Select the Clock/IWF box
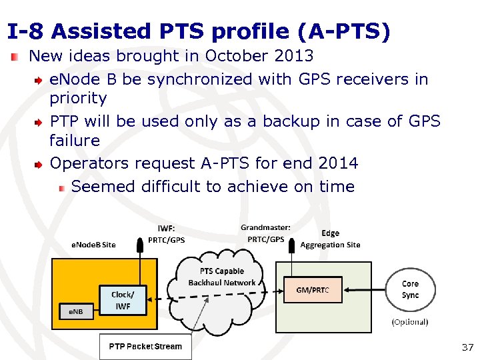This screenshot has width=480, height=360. pos(121,300)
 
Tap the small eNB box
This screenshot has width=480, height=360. pos(77,311)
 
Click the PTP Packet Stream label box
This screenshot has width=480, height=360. pos(145,347)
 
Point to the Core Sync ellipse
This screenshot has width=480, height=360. pos(411,289)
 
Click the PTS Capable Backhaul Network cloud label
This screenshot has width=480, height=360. pos(222,277)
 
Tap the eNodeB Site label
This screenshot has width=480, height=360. pos(93,245)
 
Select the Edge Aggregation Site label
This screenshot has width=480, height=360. pos(330,239)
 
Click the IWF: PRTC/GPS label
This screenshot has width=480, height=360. pos(167,234)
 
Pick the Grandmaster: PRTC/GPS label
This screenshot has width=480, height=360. pos(266,233)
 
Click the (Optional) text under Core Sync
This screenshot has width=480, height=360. pos(409,322)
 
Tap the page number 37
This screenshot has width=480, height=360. pos(467,347)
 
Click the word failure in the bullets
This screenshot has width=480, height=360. pos(75,141)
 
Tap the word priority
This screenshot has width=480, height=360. pos(78,99)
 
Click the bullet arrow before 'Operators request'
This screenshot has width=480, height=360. pos(40,163)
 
